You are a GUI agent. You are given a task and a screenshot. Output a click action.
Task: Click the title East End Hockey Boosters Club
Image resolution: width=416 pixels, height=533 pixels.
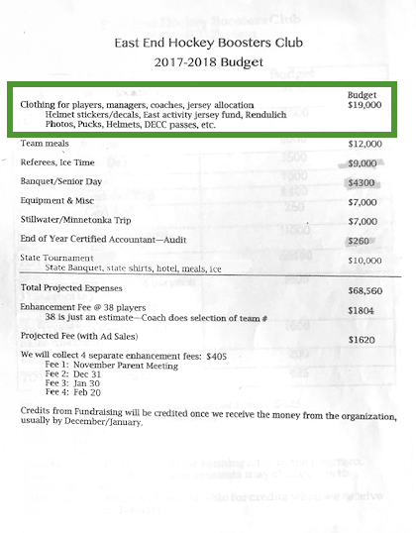(207, 44)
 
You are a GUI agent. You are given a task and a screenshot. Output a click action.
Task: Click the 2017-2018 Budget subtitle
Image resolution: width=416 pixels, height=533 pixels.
(207, 63)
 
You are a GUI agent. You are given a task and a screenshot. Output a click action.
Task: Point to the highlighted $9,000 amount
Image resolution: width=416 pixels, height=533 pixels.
(364, 163)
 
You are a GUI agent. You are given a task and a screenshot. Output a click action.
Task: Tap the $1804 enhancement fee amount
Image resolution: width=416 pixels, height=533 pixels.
(363, 311)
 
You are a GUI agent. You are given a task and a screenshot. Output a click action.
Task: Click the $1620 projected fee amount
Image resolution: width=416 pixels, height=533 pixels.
(363, 339)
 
